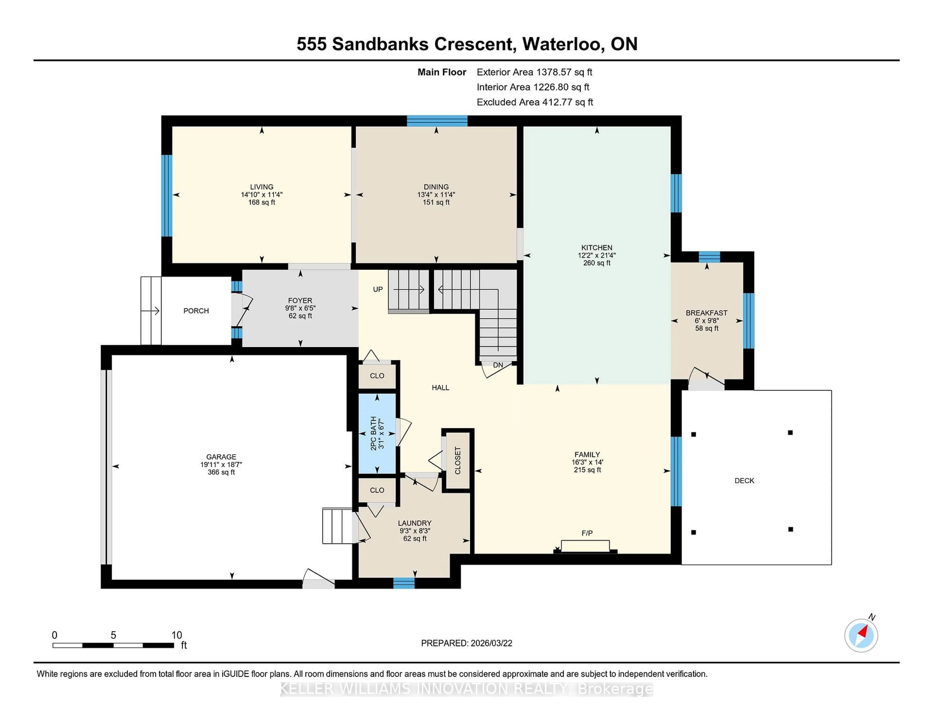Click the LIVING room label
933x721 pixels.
click(261, 187)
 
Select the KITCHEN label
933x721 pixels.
click(596, 247)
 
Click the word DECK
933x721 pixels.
click(744, 481)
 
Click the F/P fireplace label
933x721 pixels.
click(587, 533)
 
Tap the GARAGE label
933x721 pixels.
click(221, 457)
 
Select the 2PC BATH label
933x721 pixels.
click(374, 433)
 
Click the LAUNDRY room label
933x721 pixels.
click(414, 523)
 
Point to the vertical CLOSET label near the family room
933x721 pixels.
click(458, 460)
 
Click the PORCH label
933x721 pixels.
click(196, 310)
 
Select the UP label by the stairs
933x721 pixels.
click(378, 289)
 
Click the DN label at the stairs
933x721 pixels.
click(498, 365)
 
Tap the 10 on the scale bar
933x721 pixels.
click(176, 635)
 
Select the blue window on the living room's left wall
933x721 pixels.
click(167, 195)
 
